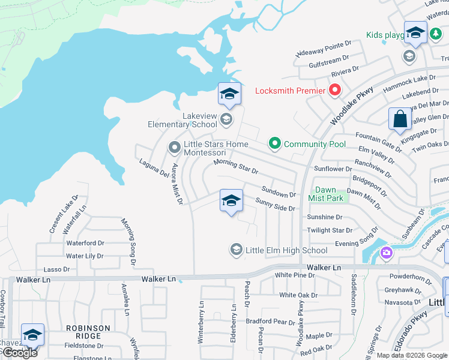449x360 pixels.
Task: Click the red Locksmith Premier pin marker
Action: click(334, 91)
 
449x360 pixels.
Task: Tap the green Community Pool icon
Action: click(275, 144)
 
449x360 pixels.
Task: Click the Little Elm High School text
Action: click(287, 250)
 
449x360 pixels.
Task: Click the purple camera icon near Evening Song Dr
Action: click(385, 253)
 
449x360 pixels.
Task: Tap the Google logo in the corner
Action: click(19, 353)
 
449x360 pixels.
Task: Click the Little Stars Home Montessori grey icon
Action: click(174, 146)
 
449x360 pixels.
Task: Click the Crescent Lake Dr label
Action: click(63, 214)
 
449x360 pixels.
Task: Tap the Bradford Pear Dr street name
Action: click(270, 321)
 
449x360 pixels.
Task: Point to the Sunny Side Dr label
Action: click(276, 205)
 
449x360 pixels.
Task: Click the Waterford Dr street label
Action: click(85, 243)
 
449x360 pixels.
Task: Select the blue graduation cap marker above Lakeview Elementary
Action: click(229, 94)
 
